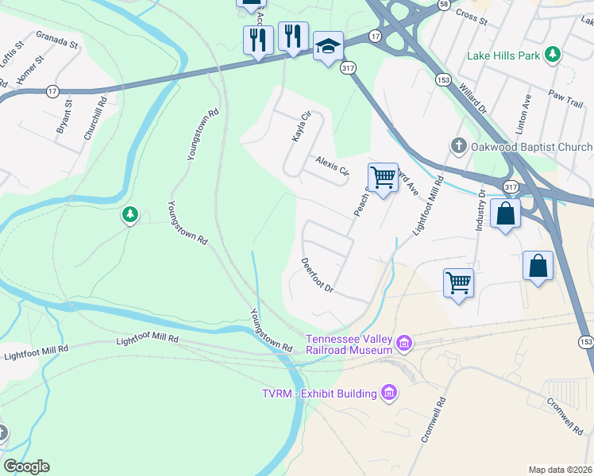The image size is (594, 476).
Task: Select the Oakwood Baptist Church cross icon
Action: tap(457, 147)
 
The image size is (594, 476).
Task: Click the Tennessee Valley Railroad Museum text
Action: tap(349, 344)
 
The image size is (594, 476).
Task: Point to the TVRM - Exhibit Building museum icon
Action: tap(389, 393)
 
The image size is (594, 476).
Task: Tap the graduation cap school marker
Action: tap(328, 48)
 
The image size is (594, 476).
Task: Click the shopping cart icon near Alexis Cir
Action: tap(383, 178)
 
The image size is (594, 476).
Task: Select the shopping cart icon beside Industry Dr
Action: tap(458, 282)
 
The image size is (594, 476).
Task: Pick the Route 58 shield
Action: tap(444, 4)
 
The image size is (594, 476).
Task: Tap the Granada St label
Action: tap(57, 40)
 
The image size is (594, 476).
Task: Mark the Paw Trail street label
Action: tap(566, 94)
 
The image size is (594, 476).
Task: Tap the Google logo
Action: tap(26, 466)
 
